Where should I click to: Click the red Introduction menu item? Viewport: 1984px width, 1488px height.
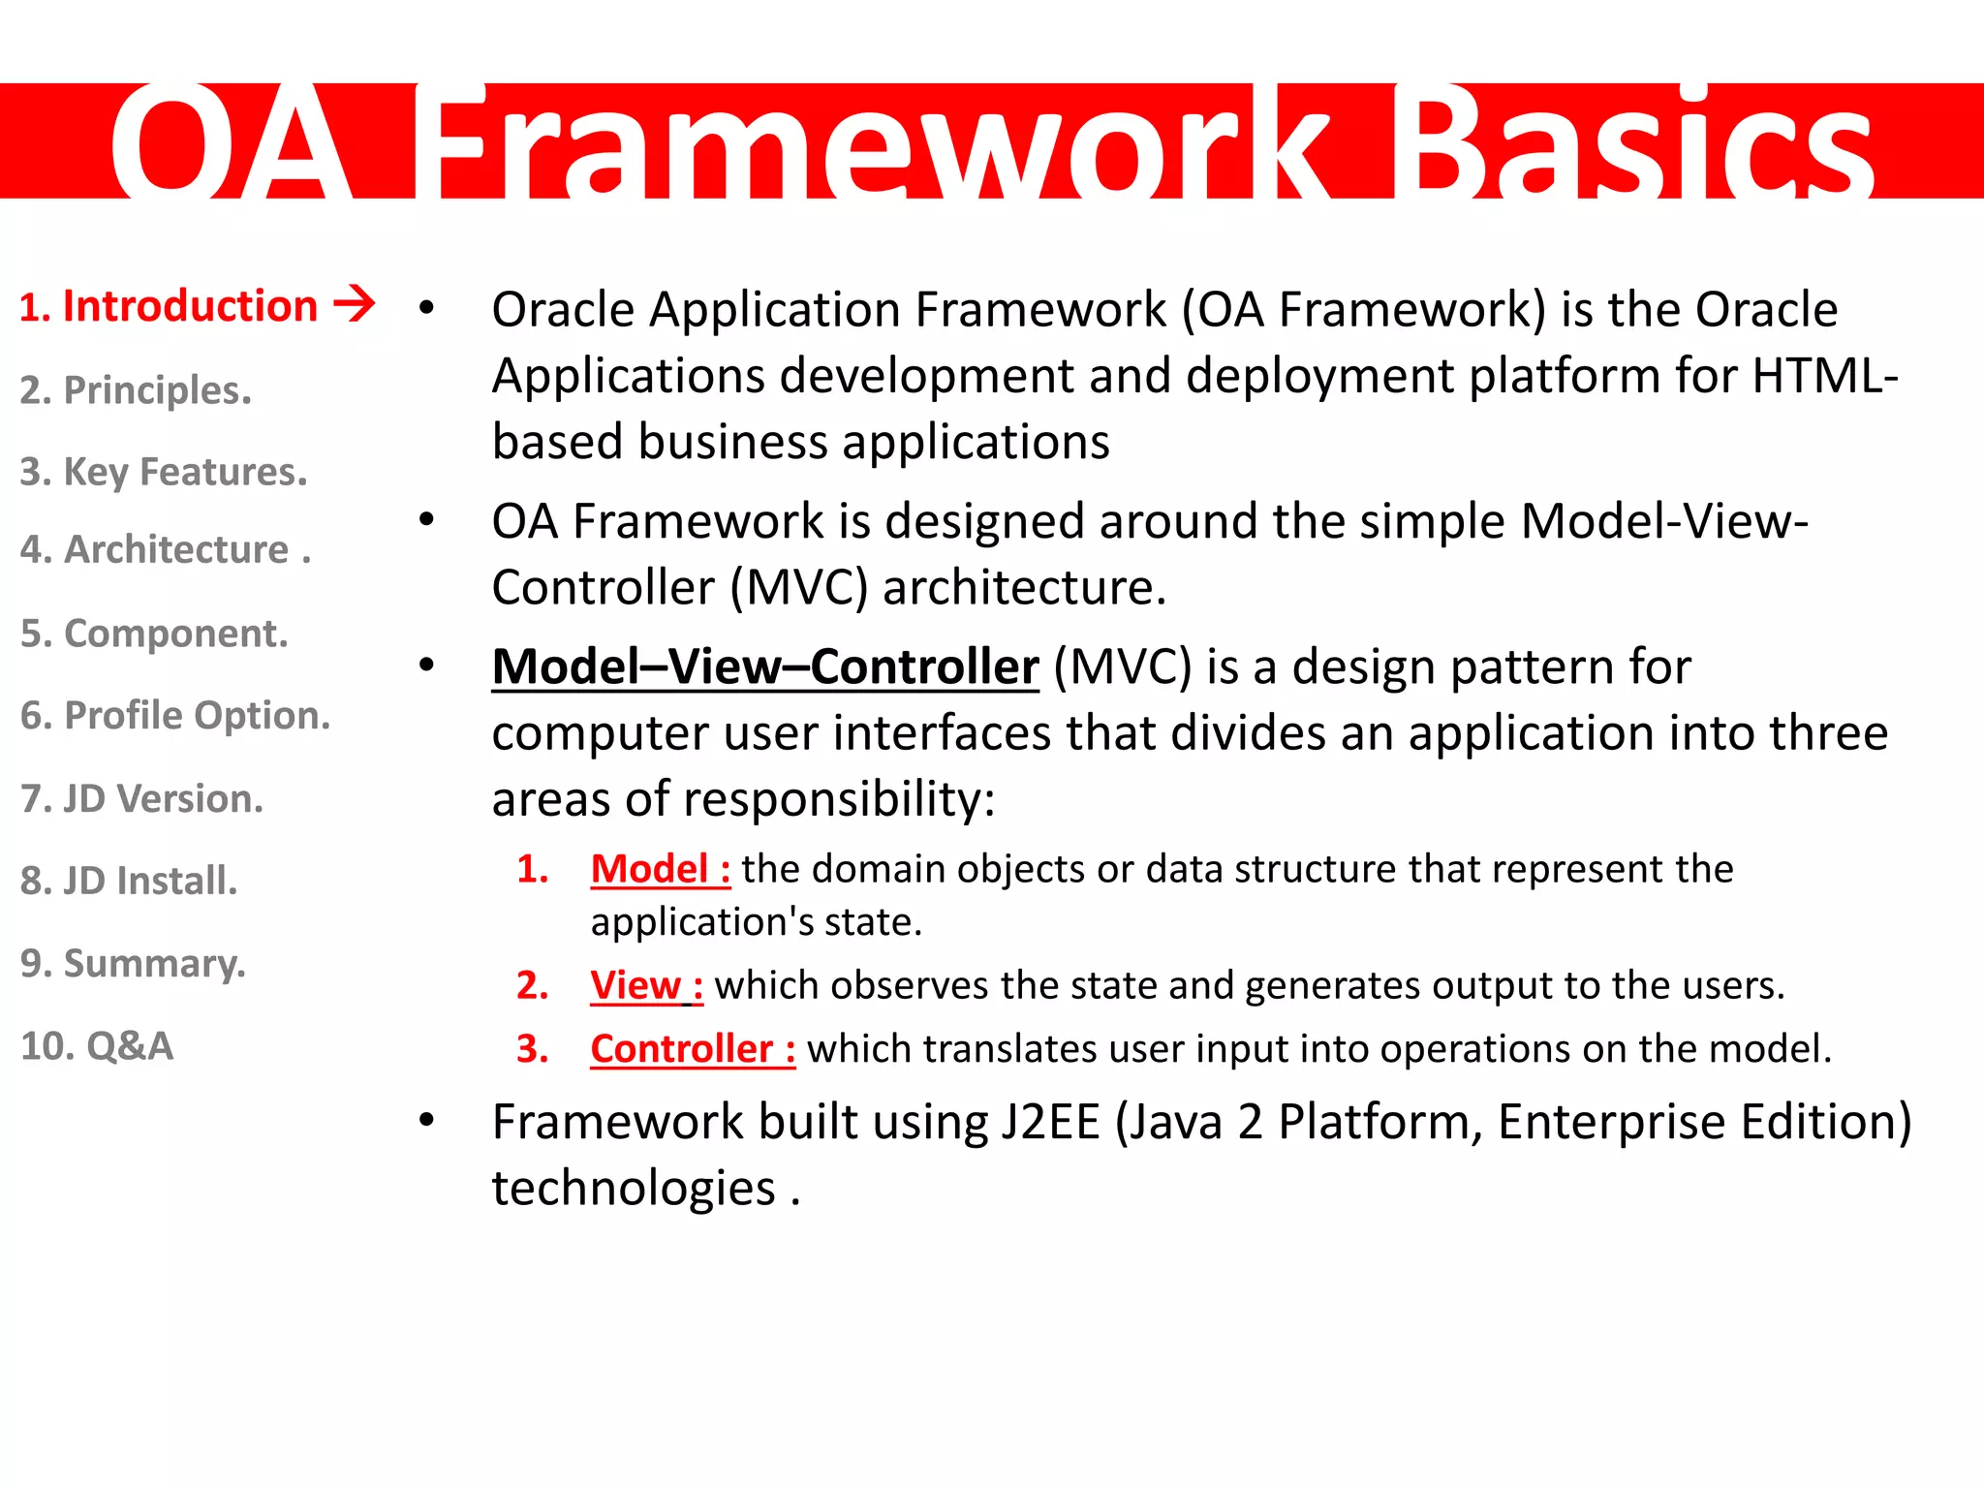pos(170,306)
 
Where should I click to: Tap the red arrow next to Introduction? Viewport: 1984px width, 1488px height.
pos(355,303)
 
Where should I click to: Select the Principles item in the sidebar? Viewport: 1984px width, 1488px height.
pos(136,390)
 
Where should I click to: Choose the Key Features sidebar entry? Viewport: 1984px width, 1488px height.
pos(164,472)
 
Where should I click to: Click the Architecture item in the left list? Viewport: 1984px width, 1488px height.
pos(165,549)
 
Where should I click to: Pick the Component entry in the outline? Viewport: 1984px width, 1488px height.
pos(154,634)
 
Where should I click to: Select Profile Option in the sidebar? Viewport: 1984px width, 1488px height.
pos(175,716)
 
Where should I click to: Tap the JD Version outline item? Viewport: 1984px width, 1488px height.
pos(141,799)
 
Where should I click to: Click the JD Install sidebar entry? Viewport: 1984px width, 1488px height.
pos(129,882)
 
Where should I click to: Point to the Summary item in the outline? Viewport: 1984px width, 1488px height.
pos(134,964)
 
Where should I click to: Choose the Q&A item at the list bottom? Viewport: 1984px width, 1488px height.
pos(97,1046)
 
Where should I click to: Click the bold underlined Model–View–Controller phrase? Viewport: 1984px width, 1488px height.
pos(765,667)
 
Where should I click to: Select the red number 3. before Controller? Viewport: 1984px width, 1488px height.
pos(533,1049)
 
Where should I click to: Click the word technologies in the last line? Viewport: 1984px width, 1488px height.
pos(634,1188)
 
